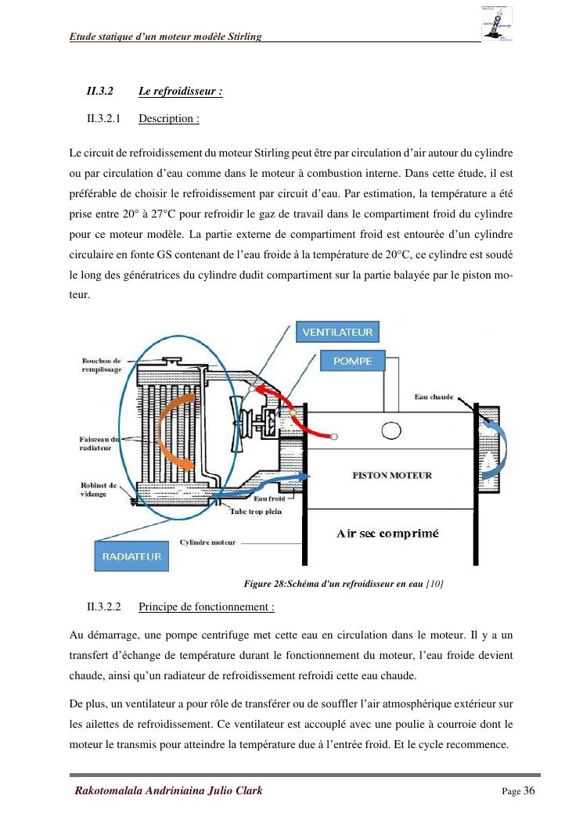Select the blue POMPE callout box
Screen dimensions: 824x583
click(x=352, y=361)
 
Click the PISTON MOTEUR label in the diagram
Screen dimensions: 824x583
click(x=392, y=475)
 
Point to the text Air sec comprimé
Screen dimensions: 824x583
click(x=387, y=534)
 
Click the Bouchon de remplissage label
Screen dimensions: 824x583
click(x=102, y=365)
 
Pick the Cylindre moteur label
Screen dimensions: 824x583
click(x=207, y=542)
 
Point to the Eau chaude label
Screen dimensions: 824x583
click(x=434, y=398)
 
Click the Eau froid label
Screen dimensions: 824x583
click(x=268, y=498)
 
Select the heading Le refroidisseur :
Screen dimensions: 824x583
click(x=181, y=92)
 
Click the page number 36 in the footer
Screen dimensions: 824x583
click(x=529, y=790)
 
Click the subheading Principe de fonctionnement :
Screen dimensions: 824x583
click(x=207, y=606)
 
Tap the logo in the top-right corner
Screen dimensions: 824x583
click(x=497, y=23)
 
